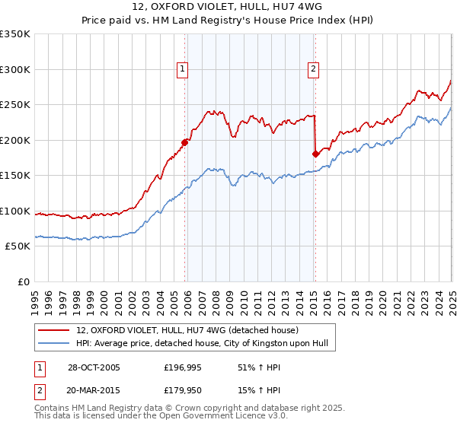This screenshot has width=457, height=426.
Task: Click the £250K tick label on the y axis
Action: click(14, 105)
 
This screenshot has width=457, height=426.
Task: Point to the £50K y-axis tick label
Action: click(17, 246)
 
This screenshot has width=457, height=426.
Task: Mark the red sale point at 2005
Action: click(184, 142)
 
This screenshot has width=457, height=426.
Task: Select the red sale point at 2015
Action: click(315, 154)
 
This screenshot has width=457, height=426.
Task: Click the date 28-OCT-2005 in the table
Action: click(93, 367)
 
